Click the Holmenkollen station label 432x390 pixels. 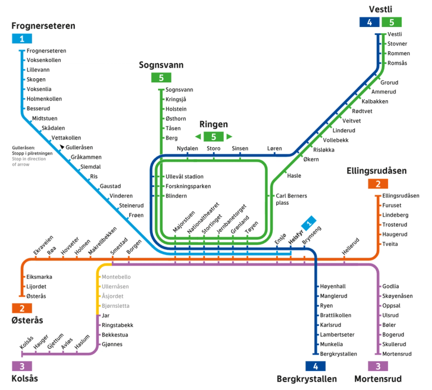point(44,99)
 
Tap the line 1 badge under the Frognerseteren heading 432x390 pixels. point(22,39)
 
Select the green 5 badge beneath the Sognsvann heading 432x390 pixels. point(161,78)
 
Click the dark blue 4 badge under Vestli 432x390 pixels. point(369,23)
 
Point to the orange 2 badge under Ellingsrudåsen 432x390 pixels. point(378,184)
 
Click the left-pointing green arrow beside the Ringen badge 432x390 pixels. point(198,137)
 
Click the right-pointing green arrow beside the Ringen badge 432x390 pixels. point(229,137)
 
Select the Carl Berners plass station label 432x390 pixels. point(291,199)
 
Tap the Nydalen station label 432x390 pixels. point(187,149)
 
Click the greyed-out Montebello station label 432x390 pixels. point(116,277)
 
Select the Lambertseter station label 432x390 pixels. point(337,335)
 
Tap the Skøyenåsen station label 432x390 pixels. point(397,296)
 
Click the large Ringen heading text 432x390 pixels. point(213,124)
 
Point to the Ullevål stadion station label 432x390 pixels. point(184,177)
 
